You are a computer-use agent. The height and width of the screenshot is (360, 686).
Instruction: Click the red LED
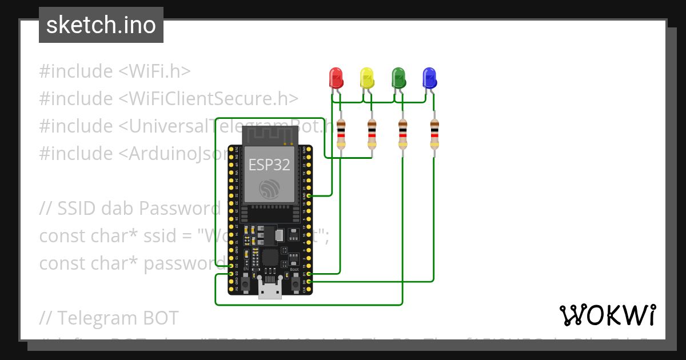tap(335, 77)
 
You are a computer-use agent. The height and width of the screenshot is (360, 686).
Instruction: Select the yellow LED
tap(366, 77)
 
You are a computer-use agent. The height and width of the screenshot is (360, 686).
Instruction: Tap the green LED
tap(398, 77)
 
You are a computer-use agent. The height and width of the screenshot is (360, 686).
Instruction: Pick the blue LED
tap(429, 77)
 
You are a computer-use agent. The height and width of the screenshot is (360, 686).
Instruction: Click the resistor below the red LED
tap(341, 134)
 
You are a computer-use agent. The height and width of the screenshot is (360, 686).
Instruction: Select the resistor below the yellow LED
tap(372, 134)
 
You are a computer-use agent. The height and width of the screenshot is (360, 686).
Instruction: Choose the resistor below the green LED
tap(403, 134)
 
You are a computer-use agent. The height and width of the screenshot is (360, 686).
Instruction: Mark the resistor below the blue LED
tap(434, 134)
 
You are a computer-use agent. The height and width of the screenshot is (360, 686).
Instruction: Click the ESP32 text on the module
tap(269, 165)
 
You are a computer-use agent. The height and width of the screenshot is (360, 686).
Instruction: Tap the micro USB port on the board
tap(270, 290)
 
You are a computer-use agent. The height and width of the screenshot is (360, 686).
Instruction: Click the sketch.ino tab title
tap(101, 25)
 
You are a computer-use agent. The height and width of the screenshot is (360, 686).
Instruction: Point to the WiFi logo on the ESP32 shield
tap(269, 189)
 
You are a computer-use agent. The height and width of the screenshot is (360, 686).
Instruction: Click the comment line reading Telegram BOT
tap(109, 318)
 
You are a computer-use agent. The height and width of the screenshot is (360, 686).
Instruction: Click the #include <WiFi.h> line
tap(115, 71)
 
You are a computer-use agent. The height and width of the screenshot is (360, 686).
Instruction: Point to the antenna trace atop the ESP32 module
tap(270, 136)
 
